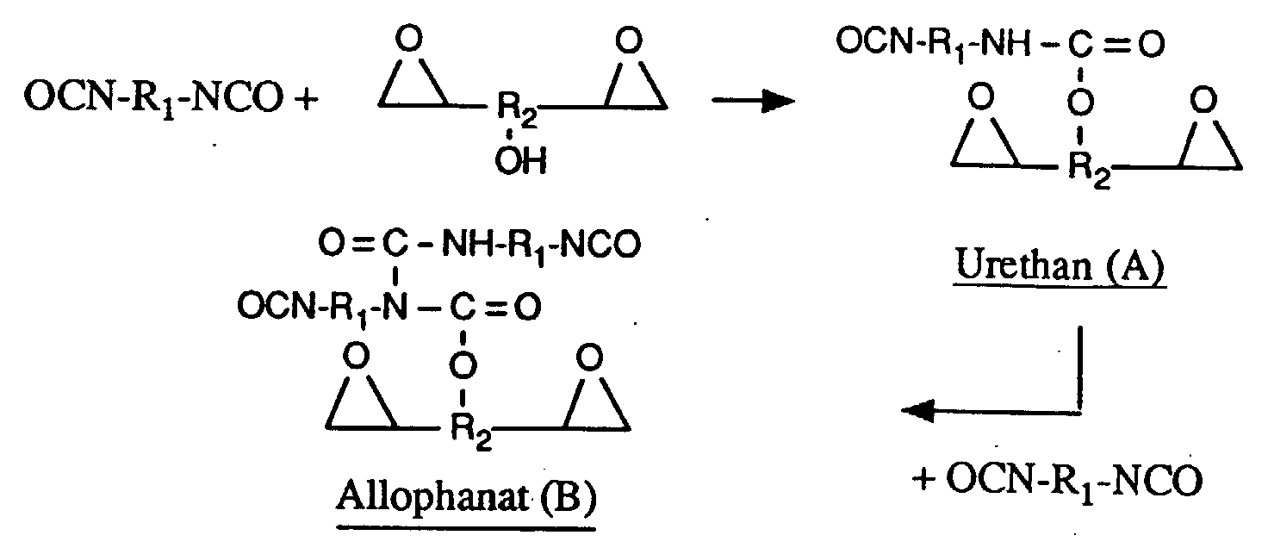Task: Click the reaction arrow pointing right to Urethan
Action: pos(753,102)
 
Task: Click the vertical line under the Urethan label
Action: pos(1078,366)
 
